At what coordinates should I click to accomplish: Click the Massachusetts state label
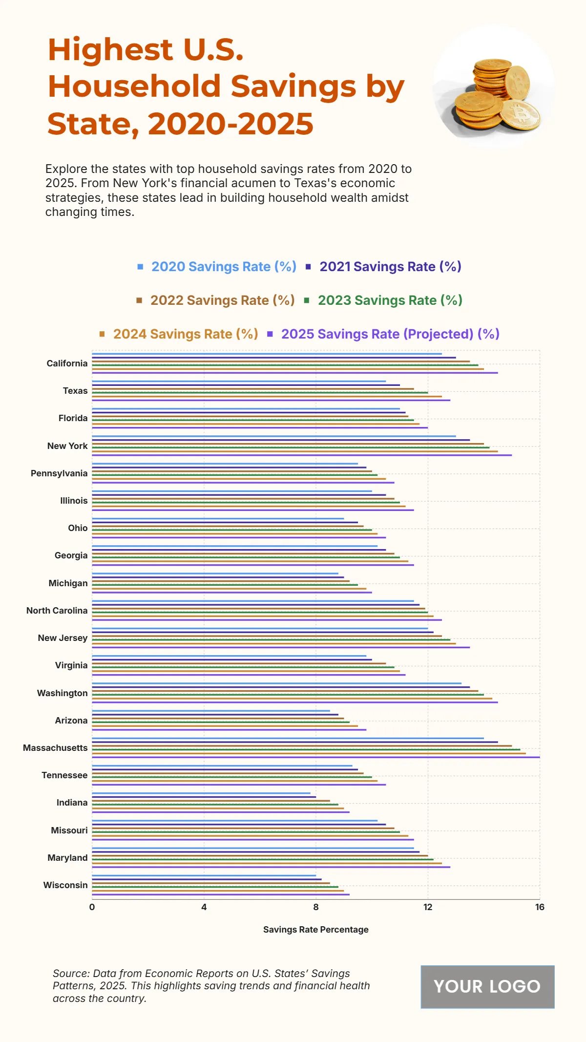55,748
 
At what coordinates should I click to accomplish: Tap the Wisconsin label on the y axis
65,885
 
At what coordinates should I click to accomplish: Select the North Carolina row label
57,611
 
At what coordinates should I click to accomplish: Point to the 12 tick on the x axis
428,907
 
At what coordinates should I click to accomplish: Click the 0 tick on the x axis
92,907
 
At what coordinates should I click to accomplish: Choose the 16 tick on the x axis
540,907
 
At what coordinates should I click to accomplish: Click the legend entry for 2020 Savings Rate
224,267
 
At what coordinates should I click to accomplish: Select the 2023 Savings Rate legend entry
390,300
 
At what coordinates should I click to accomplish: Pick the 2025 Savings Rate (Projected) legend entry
390,334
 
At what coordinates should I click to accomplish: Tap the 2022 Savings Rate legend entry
222,300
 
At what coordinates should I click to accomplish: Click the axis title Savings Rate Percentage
315,930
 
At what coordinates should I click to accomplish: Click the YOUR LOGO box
487,987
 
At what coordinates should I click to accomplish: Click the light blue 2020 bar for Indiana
201,793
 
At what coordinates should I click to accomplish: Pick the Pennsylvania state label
59,473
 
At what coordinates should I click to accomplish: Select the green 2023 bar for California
285,365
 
